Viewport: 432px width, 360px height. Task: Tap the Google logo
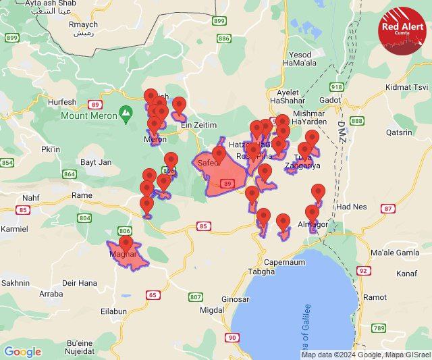pos(22,352)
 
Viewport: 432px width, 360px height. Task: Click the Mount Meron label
pos(89,115)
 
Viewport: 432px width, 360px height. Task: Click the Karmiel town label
pos(14,229)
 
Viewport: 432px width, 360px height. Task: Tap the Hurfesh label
pos(62,102)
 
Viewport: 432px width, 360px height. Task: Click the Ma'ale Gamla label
pos(395,253)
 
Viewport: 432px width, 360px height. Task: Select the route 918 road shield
pos(337,87)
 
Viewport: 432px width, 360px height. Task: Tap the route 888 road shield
pos(357,120)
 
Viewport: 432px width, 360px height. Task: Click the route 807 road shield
pos(195,297)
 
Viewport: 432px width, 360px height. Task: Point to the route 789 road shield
pos(379,328)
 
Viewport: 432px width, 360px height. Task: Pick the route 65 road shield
pos(153,294)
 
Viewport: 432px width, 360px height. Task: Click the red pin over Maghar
pos(126,243)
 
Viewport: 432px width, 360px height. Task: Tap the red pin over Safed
pos(219,154)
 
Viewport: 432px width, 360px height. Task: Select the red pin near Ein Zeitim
pos(179,105)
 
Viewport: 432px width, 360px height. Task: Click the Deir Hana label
pos(79,284)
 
